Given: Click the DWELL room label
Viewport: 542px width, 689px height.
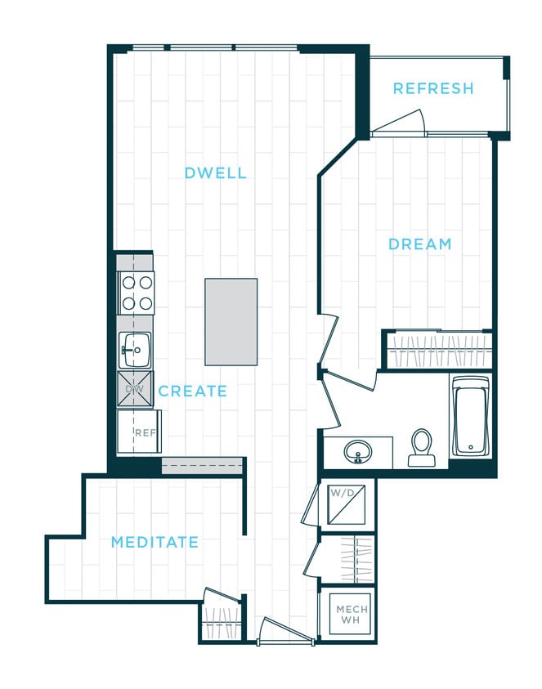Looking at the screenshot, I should pyautogui.click(x=215, y=173).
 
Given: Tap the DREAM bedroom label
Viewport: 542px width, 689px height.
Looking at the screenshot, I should pyautogui.click(x=419, y=244).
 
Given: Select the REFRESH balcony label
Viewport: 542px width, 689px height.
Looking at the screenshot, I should pyautogui.click(x=432, y=89).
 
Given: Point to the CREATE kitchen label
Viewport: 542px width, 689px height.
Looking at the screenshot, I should pyautogui.click(x=193, y=391).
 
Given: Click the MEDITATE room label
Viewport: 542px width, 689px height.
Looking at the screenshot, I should pyautogui.click(x=155, y=542).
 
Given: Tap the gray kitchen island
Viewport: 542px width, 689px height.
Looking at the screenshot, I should pyautogui.click(x=231, y=321).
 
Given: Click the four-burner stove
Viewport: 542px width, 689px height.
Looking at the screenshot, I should pyautogui.click(x=137, y=293).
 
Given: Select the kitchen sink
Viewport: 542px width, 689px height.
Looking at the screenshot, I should pyautogui.click(x=134, y=350).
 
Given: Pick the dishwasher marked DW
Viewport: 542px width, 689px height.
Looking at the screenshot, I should pyautogui.click(x=134, y=389).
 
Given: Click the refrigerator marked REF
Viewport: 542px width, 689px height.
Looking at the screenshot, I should pyautogui.click(x=140, y=432).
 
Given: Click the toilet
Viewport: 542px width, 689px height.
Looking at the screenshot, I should pyautogui.click(x=422, y=448).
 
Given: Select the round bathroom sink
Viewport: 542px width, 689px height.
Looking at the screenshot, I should pyautogui.click(x=358, y=451).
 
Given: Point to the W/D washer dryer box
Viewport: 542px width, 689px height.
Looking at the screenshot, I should pyautogui.click(x=346, y=505).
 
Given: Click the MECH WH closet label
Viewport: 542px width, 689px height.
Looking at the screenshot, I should pyautogui.click(x=352, y=615).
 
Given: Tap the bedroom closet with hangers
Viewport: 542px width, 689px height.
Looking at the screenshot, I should pyautogui.click(x=439, y=350).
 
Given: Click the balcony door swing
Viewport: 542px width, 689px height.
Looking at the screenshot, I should pyautogui.click(x=401, y=123).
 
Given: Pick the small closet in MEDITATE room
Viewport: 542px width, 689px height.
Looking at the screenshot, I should pyautogui.click(x=222, y=621).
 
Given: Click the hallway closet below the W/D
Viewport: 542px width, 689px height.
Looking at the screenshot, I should pyautogui.click(x=347, y=560).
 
